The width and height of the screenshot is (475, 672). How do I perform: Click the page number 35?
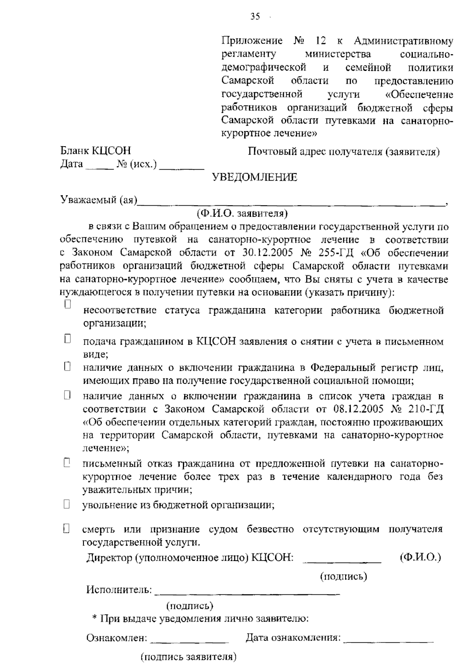tap(255, 16)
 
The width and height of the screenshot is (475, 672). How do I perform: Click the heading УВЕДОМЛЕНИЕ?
tap(255, 177)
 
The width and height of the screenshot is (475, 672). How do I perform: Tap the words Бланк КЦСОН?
tap(95, 151)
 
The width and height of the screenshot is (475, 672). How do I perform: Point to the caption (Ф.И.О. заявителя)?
tap(242, 214)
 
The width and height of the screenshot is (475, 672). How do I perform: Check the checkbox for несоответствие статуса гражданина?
tap(67, 304)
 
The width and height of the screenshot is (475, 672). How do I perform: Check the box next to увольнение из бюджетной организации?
tap(66, 504)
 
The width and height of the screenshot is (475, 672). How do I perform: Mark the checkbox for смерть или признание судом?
tap(66, 528)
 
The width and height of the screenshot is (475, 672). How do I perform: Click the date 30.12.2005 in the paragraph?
tap(264, 253)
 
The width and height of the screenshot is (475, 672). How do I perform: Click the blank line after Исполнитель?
tap(247, 592)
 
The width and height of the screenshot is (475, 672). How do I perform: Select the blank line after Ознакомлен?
tap(190, 641)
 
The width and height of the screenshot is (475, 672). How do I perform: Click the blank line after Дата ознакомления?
tap(389, 641)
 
